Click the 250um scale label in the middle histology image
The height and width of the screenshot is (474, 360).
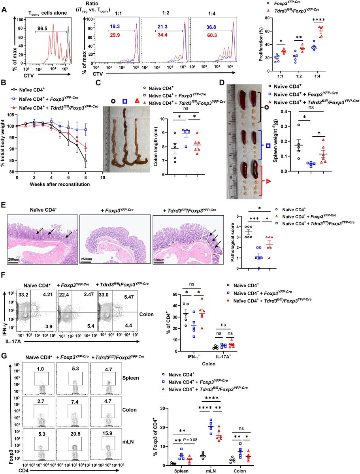87,259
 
